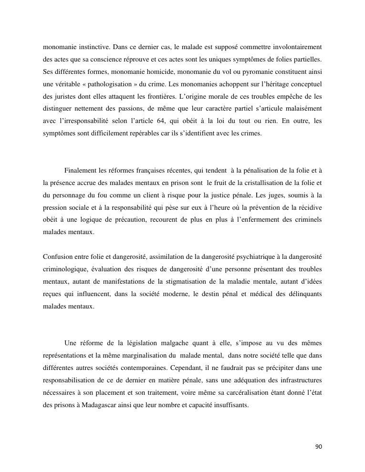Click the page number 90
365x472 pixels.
point(319,447)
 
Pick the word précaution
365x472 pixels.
point(119,220)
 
